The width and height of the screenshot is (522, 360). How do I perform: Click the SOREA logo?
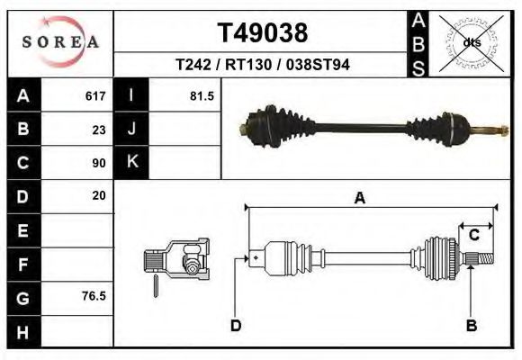click(60, 42)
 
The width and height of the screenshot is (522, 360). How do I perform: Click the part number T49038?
click(263, 33)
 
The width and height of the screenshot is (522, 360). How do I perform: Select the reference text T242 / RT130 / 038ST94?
click(263, 65)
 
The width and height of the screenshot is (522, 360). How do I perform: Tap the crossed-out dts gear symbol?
click(472, 41)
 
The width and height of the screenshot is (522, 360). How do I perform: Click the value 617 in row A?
click(94, 96)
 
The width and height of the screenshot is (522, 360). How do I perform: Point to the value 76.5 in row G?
click(94, 295)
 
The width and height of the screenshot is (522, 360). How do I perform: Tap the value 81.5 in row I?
click(202, 96)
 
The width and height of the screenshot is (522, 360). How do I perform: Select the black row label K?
click(131, 163)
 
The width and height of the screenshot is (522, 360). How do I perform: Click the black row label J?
click(131, 130)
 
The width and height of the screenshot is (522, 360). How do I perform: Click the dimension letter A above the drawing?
click(359, 199)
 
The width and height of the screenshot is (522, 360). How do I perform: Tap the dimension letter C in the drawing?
click(473, 235)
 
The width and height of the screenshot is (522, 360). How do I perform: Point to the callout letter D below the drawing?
click(236, 326)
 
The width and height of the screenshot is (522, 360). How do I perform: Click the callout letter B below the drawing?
click(471, 326)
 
